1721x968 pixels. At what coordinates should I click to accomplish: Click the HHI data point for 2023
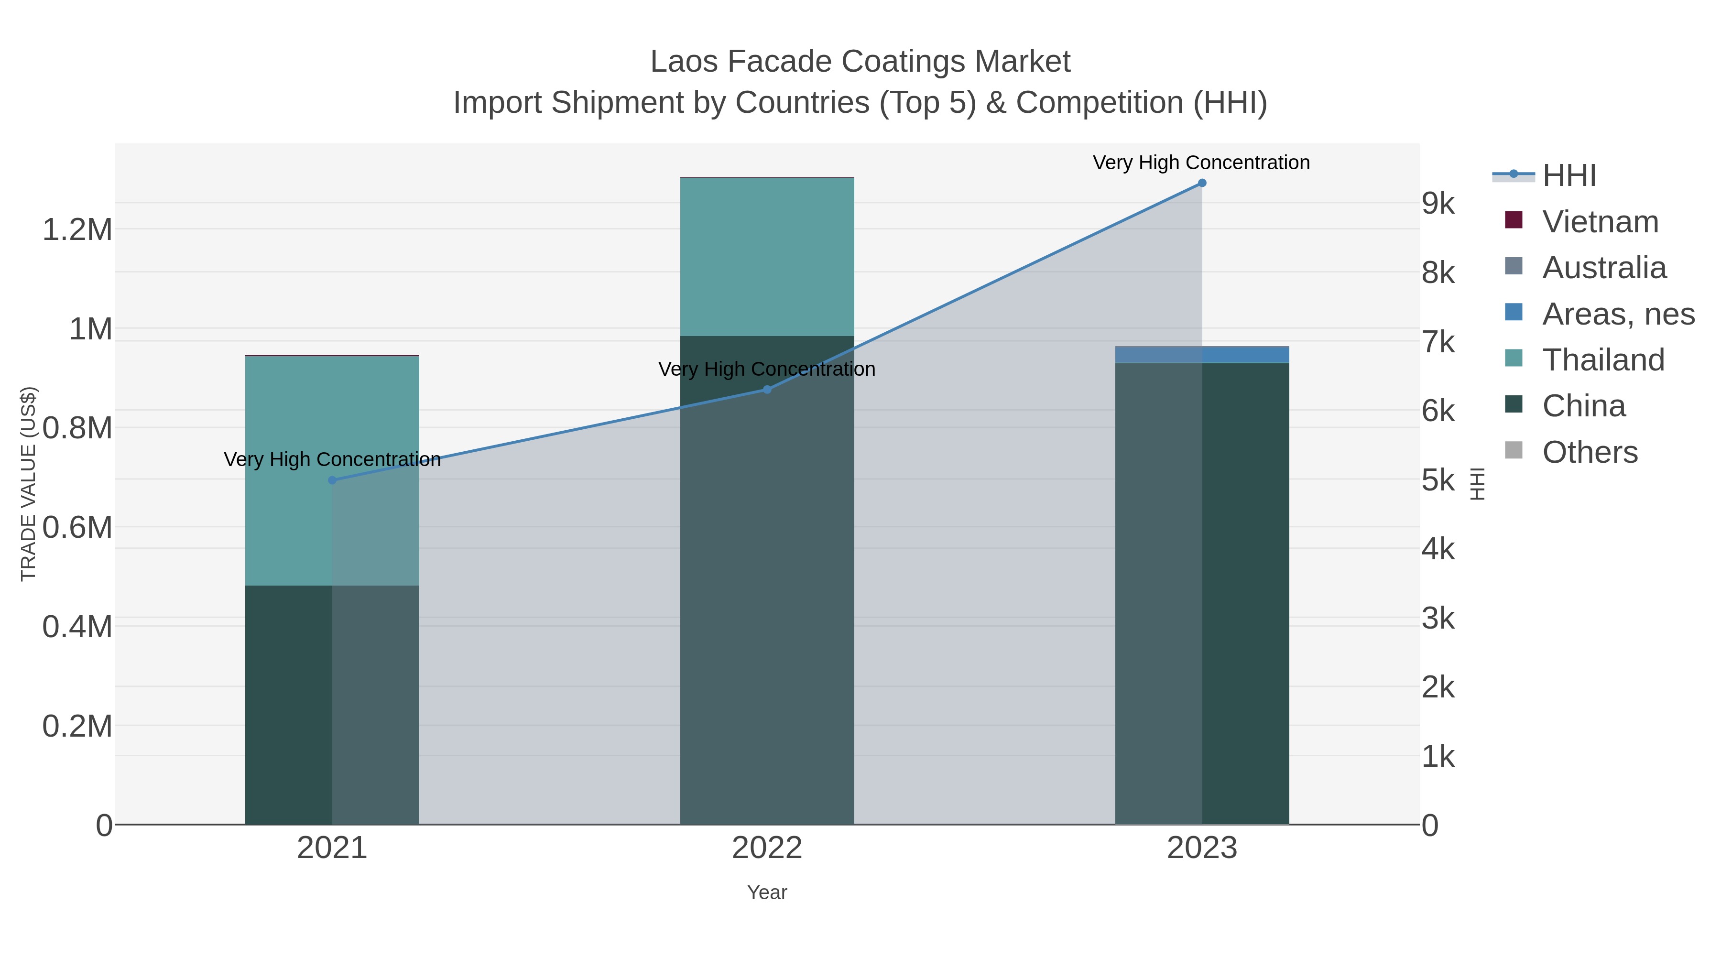[1202, 183]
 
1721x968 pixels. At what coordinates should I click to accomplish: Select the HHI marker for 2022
[767, 390]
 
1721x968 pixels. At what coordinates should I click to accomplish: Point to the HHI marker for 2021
[332, 480]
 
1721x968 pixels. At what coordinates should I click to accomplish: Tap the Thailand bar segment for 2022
[767, 257]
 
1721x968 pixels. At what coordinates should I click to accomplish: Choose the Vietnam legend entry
[1600, 222]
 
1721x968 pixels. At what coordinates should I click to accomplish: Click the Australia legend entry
[1604, 268]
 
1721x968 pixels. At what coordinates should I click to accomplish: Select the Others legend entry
[1590, 452]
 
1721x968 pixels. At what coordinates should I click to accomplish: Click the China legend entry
[1583, 406]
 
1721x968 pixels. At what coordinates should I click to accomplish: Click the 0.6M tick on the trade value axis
[77, 528]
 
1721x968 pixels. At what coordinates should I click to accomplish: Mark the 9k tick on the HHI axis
[1438, 204]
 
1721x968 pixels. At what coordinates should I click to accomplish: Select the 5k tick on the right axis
[1438, 480]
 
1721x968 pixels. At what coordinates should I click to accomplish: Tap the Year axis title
[767, 892]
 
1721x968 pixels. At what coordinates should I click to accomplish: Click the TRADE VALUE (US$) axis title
[28, 484]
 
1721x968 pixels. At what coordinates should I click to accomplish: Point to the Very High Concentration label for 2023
[1201, 163]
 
